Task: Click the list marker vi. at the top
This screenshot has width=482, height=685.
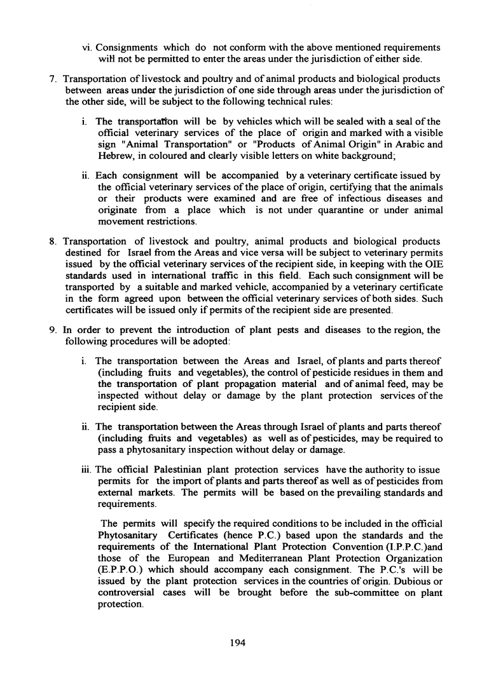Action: click(x=88, y=48)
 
